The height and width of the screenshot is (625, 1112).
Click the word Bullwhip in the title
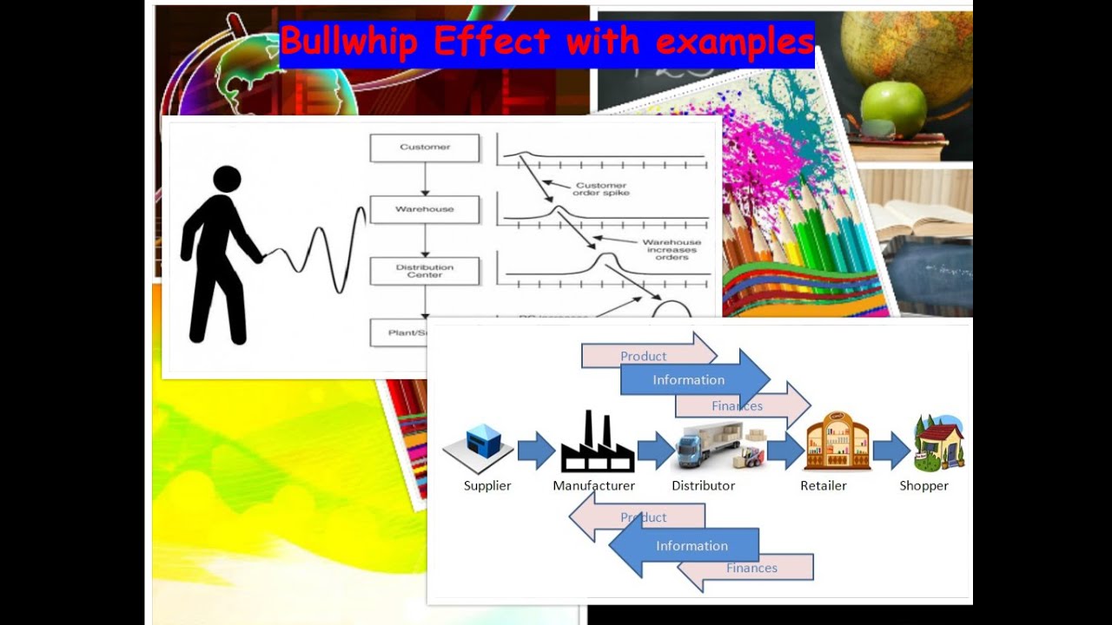[x=349, y=42]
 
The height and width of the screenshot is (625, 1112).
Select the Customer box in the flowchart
[x=425, y=148]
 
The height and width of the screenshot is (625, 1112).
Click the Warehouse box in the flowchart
[x=425, y=209]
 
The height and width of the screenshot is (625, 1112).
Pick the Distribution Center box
[x=425, y=271]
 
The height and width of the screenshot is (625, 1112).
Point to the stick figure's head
[x=227, y=180]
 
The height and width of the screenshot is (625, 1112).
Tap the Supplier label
[x=487, y=486]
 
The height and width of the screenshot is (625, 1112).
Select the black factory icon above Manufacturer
[x=597, y=444]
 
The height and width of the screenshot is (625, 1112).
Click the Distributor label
[x=704, y=486]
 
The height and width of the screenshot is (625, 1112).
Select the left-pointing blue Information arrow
[x=686, y=546]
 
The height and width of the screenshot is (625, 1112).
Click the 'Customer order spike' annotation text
[x=600, y=189]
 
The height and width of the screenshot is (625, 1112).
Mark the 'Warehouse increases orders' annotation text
[x=672, y=250]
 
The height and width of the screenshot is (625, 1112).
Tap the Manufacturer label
[x=594, y=486]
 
